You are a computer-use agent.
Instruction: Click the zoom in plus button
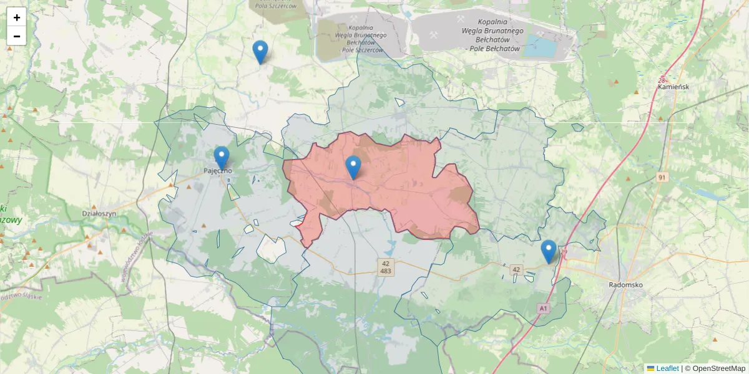[16, 17]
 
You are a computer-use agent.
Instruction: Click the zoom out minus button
[16, 36]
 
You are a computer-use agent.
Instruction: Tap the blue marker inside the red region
[353, 167]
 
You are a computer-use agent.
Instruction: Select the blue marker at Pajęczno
[222, 157]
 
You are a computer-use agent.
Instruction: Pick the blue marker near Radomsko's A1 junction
[549, 251]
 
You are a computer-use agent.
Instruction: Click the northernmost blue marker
[260, 52]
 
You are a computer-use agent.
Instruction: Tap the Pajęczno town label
[218, 170]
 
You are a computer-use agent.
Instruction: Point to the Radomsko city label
[625, 285]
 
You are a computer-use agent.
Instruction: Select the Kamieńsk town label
[673, 87]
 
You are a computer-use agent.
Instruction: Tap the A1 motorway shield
[543, 308]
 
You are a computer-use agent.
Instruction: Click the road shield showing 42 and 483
[386, 267]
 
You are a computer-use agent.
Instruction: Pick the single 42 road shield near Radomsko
[516, 269]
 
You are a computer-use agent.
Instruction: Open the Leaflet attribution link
[667, 368]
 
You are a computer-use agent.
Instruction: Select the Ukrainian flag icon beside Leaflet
[650, 368]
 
